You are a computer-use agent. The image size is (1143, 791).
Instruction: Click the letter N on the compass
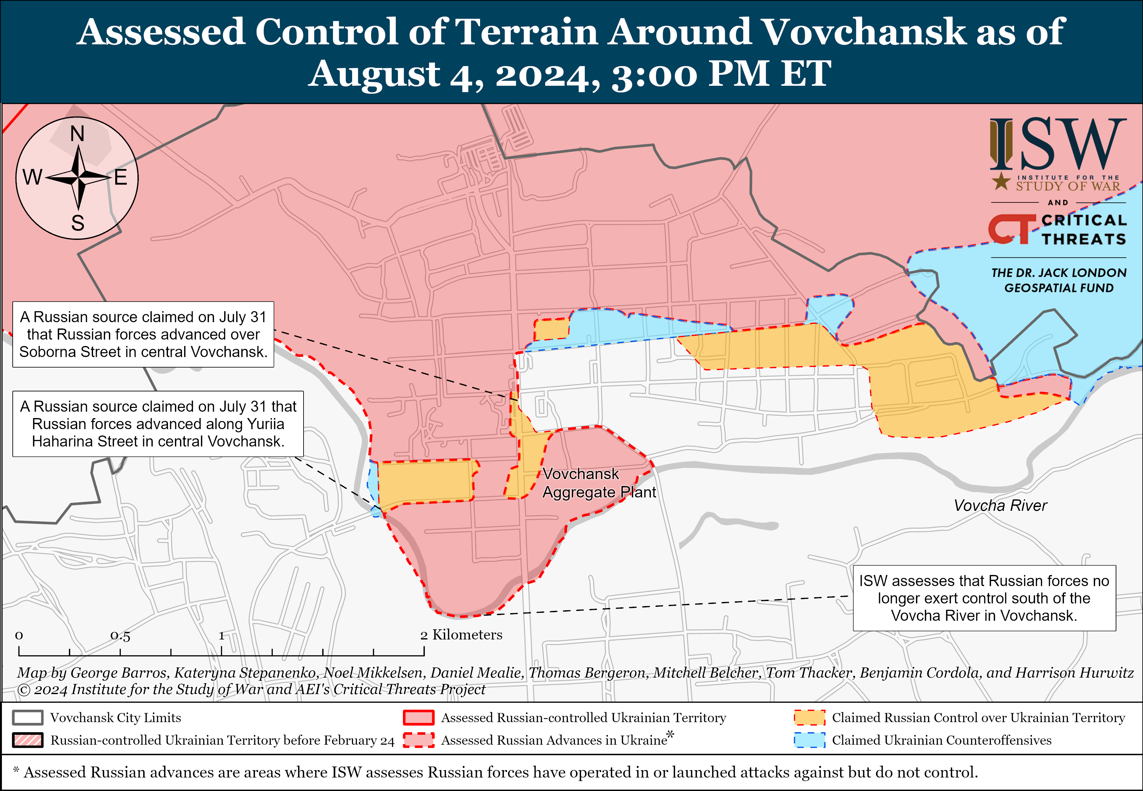click(x=77, y=134)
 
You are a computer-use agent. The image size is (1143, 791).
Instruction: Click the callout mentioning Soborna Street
click(x=143, y=335)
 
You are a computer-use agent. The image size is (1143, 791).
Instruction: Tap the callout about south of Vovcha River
click(x=984, y=598)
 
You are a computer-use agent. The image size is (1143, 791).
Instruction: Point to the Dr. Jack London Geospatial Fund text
click(x=1058, y=280)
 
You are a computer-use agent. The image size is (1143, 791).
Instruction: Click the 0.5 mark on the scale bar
click(x=120, y=636)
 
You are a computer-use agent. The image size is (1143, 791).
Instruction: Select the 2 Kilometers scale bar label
click(x=461, y=635)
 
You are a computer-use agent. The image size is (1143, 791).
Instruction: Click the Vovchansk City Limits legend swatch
click(x=28, y=718)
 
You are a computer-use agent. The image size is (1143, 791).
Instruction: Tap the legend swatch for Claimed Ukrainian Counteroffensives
click(x=809, y=740)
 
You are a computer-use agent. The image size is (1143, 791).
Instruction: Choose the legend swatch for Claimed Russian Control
click(x=809, y=718)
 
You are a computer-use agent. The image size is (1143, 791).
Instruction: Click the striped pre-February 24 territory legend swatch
click(x=28, y=740)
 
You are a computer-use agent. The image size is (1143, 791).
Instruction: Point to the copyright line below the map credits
click(x=251, y=689)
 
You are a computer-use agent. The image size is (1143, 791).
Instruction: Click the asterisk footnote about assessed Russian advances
click(x=495, y=772)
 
